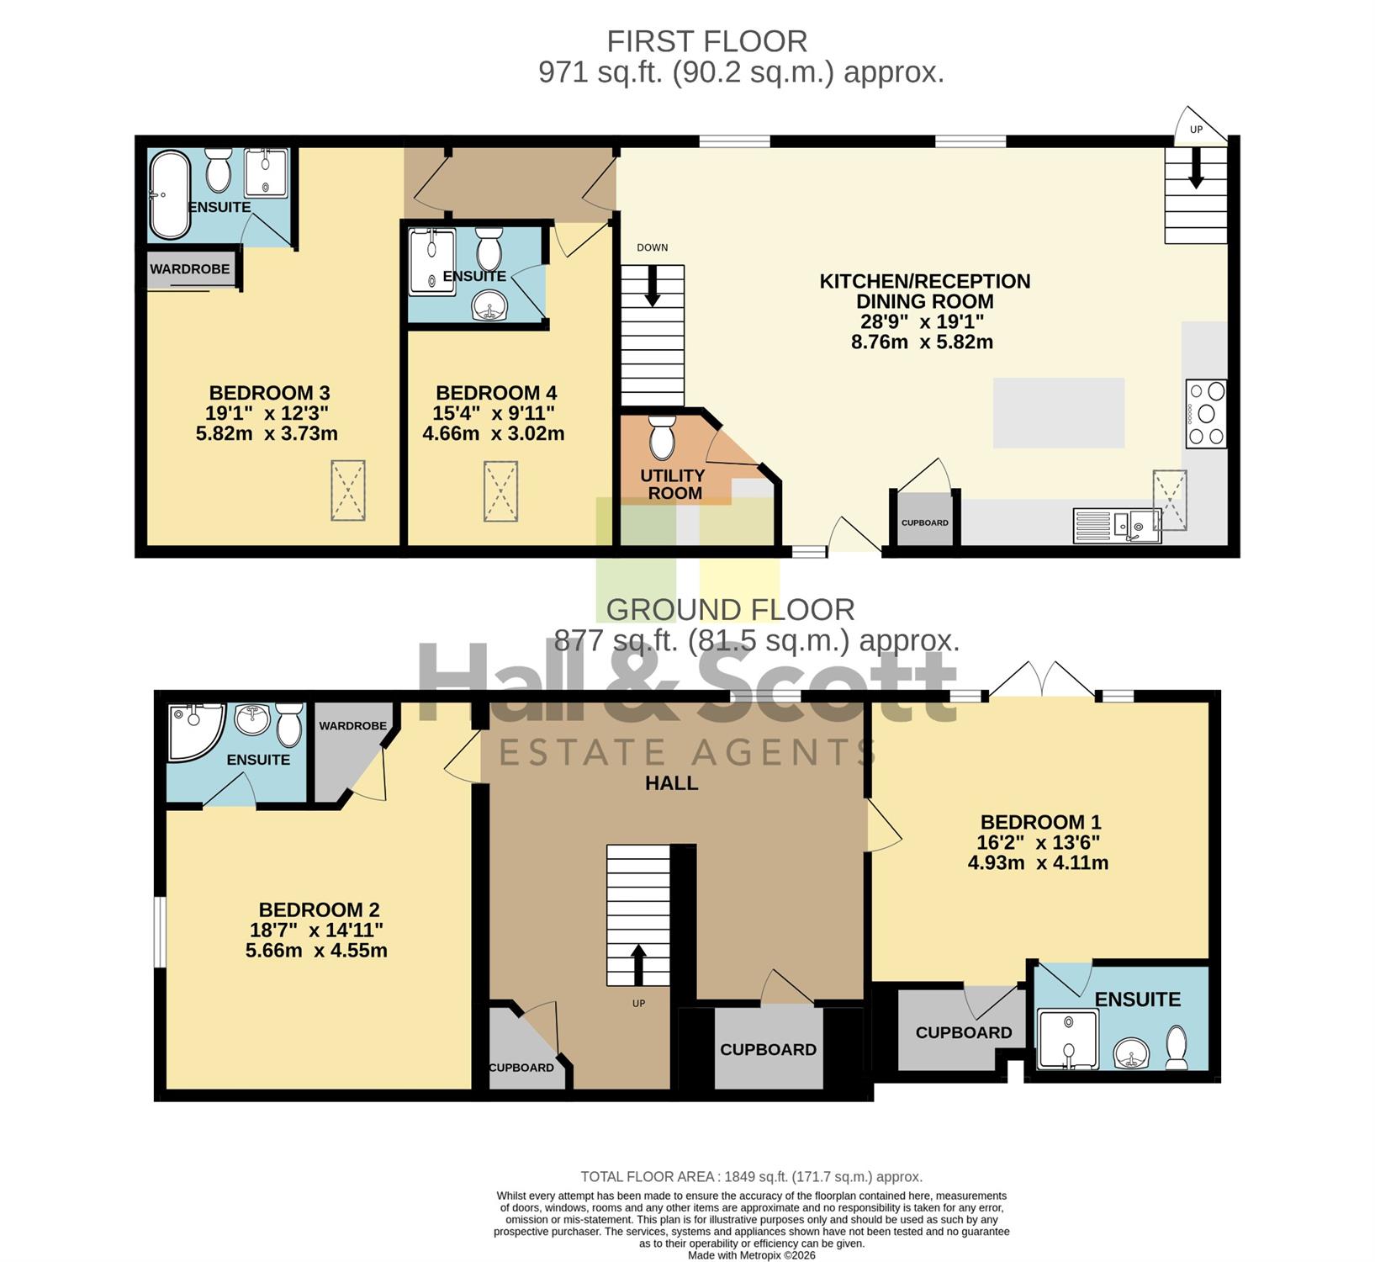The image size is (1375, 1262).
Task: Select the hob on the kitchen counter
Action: tap(1206, 413)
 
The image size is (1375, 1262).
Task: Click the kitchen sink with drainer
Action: tap(1117, 525)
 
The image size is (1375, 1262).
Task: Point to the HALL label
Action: tap(671, 783)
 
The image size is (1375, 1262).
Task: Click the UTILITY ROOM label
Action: tap(674, 485)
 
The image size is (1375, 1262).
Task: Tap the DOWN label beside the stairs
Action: tap(653, 247)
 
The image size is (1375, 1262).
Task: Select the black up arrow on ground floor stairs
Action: tap(638, 964)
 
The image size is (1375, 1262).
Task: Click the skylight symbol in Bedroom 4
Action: tap(500, 491)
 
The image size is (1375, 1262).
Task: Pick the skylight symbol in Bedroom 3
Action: tap(347, 490)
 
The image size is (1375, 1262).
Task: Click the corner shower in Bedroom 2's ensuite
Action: tap(195, 732)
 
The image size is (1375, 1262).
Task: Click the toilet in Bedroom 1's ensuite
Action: tap(1177, 1047)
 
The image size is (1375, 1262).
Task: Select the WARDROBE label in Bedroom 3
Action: tap(190, 269)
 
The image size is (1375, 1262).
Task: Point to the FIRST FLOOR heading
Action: tap(707, 41)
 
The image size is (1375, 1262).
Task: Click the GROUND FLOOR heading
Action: tap(731, 609)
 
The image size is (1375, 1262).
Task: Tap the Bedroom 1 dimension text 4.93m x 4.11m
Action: tap(1038, 862)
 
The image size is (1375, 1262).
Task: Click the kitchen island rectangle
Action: tap(1059, 413)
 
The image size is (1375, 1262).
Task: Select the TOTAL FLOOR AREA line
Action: tap(752, 1177)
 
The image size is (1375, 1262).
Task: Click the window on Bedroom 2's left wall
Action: tap(159, 932)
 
